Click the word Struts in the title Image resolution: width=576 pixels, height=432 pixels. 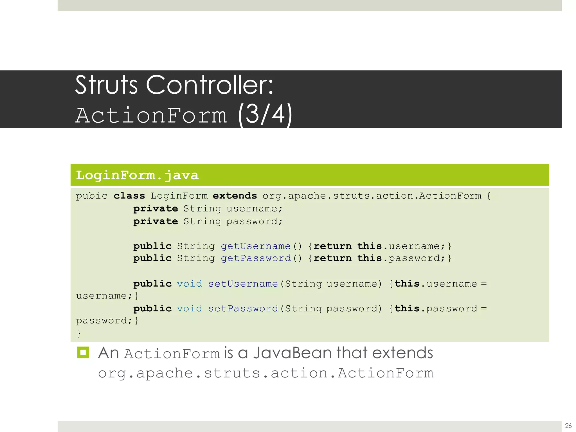(x=106, y=85)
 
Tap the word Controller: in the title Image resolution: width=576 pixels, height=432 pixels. (x=210, y=85)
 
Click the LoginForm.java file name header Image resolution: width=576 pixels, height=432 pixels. (x=137, y=175)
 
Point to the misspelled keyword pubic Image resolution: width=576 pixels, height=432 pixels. (x=92, y=196)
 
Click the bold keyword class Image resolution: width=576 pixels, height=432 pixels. (x=129, y=196)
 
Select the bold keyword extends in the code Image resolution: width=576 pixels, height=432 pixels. (x=235, y=196)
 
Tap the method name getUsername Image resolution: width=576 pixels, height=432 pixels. (x=256, y=246)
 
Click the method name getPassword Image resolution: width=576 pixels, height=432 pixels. (x=256, y=258)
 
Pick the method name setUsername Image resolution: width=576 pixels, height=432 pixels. (x=243, y=284)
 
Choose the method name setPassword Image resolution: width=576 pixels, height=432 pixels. (x=243, y=309)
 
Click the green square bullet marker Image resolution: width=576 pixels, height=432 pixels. (x=83, y=352)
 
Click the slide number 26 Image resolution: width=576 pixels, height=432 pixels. (x=568, y=426)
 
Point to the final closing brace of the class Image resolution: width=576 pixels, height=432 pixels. (x=79, y=333)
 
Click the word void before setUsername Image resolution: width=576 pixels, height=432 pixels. (x=190, y=284)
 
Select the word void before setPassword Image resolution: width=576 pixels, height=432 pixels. (x=190, y=309)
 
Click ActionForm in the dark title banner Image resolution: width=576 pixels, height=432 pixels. (x=151, y=115)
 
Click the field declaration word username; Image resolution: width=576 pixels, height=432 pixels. (x=254, y=209)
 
